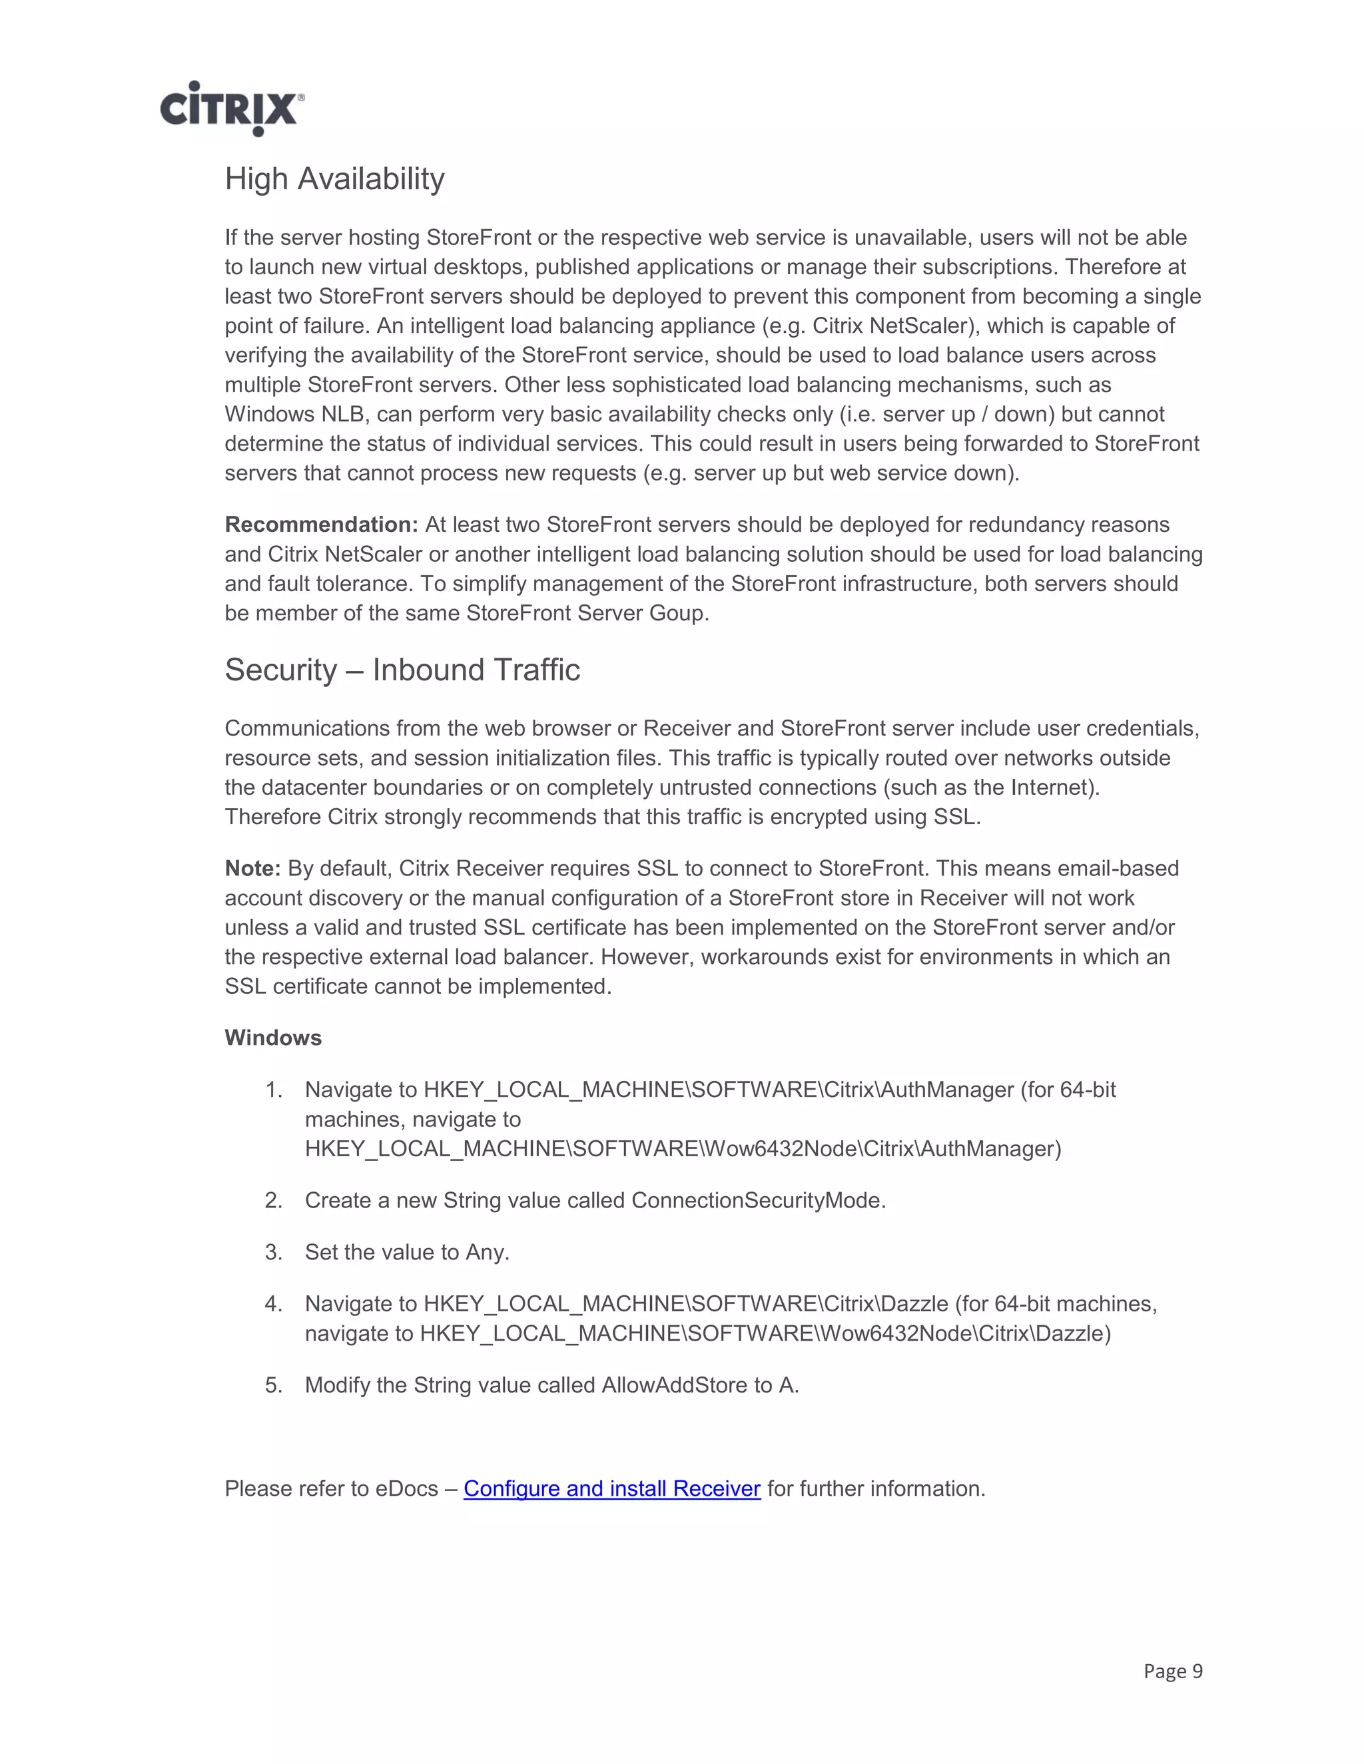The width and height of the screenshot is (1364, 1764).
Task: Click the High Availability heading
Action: pyautogui.click(x=334, y=178)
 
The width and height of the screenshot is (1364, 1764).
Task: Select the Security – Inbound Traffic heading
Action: pyautogui.click(x=402, y=670)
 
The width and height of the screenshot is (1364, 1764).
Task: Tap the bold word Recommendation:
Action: pyautogui.click(x=321, y=525)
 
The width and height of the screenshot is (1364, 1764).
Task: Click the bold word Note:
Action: pyautogui.click(x=252, y=868)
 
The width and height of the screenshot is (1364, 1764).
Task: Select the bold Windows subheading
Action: pyautogui.click(x=273, y=1038)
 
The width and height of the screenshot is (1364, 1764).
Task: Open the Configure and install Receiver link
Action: pyautogui.click(x=611, y=1488)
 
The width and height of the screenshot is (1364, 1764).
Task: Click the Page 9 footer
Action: pyautogui.click(x=1172, y=1670)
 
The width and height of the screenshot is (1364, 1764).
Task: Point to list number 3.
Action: pyautogui.click(x=273, y=1253)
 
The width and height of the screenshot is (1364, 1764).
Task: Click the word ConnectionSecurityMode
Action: pyautogui.click(x=757, y=1201)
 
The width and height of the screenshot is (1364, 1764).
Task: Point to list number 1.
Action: pyautogui.click(x=273, y=1090)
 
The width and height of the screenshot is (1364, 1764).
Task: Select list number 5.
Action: pyautogui.click(x=273, y=1385)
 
